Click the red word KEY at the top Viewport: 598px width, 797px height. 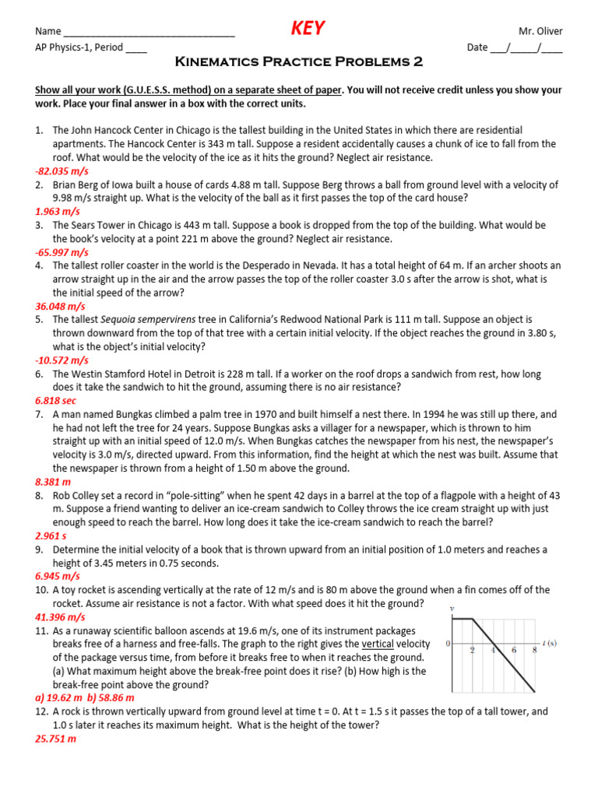tap(308, 30)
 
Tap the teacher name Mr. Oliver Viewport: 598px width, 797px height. tap(540, 31)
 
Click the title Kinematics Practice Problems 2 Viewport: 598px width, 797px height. tap(299, 61)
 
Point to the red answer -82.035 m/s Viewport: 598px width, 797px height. tap(62, 170)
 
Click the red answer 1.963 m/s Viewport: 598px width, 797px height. tap(57, 212)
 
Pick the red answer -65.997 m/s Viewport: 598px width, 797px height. tap(62, 252)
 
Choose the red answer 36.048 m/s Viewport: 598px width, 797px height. tap(60, 307)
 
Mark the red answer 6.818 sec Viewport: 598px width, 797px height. tap(56, 400)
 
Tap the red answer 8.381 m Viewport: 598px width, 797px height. tap(53, 482)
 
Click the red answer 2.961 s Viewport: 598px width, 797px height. tap(51, 536)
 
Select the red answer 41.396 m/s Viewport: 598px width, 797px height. tap(60, 617)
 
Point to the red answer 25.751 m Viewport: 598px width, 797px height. tap(55, 739)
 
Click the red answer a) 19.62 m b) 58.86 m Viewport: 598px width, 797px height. tap(85, 698)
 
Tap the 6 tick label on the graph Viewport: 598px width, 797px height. tap(514, 650)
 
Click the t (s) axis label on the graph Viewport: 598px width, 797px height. tap(549, 643)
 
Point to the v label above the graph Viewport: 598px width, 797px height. tap(452, 608)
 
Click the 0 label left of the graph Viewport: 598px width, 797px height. tap(448, 643)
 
